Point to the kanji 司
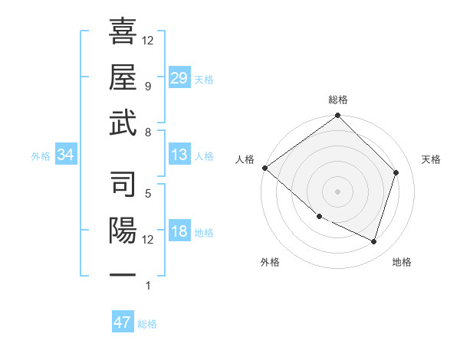(123, 185)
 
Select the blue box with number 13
(179, 155)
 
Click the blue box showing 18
(179, 232)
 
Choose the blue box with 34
(66, 155)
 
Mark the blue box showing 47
(123, 322)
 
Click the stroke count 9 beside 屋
(147, 86)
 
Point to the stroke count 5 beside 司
(147, 193)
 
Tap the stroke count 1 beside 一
(147, 286)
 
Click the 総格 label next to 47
(147, 324)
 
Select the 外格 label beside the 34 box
(41, 156)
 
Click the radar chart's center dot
(338, 191)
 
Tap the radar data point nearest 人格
(264, 168)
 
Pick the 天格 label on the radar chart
(432, 159)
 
